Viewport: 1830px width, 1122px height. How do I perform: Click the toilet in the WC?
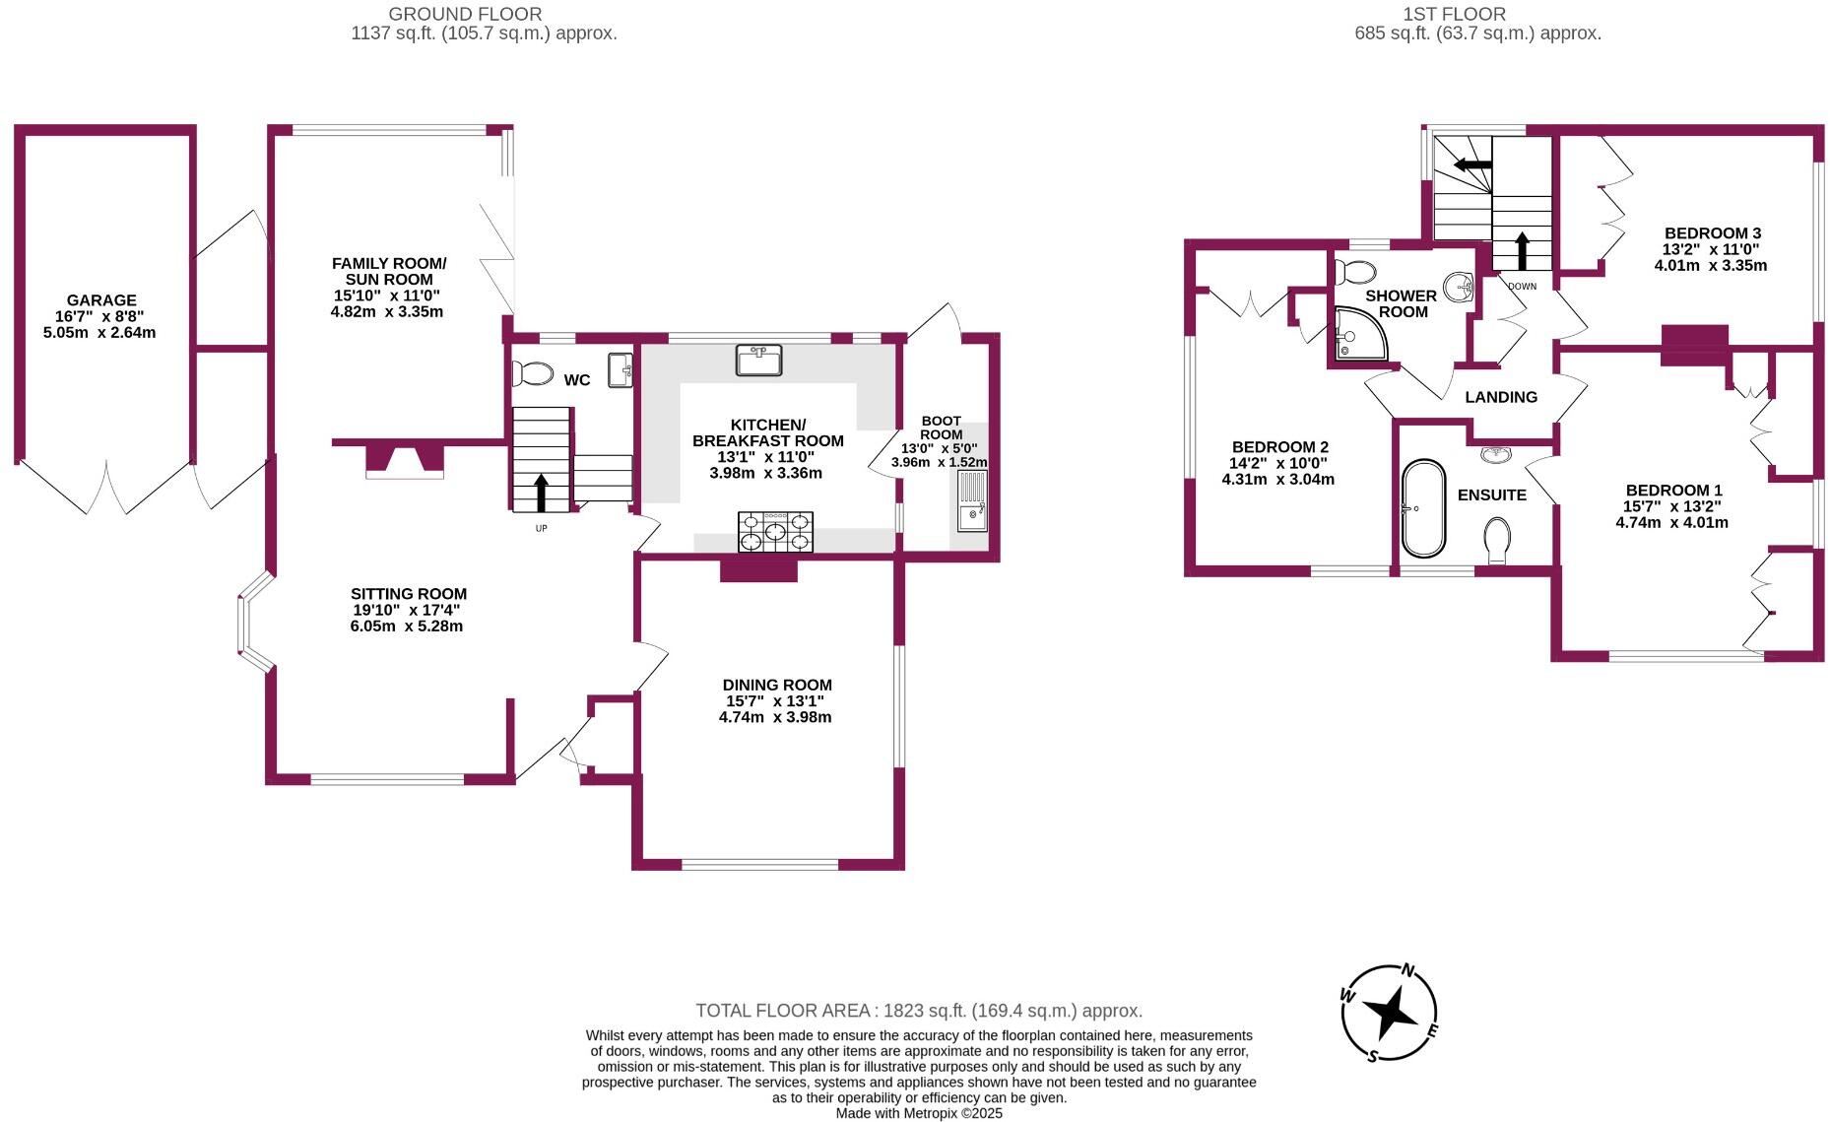pyautogui.click(x=533, y=373)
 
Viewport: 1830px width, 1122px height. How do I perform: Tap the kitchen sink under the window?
pyautogui.click(x=758, y=360)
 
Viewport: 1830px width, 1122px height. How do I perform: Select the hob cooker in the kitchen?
pyautogui.click(x=776, y=532)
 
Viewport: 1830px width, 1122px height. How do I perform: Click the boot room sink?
pyautogui.click(x=972, y=500)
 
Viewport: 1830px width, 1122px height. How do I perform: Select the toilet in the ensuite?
pyautogui.click(x=1497, y=540)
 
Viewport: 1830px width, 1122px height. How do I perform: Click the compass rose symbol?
pyautogui.click(x=1390, y=1013)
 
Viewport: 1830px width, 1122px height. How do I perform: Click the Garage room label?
pyautogui.click(x=101, y=300)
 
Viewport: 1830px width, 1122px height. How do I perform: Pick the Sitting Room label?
pyautogui.click(x=409, y=594)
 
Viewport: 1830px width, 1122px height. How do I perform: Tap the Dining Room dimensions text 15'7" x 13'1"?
pyautogui.click(x=775, y=701)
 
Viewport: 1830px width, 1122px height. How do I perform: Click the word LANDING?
pyautogui.click(x=1500, y=397)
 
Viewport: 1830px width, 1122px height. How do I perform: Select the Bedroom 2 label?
pyautogui.click(x=1279, y=446)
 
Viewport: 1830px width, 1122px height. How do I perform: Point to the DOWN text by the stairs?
pyautogui.click(x=1522, y=287)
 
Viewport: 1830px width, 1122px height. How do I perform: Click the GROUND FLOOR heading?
pyautogui.click(x=465, y=15)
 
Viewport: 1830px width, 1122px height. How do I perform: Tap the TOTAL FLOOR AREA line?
pyautogui.click(x=918, y=1011)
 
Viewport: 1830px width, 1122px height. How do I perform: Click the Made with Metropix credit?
pyautogui.click(x=918, y=1113)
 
